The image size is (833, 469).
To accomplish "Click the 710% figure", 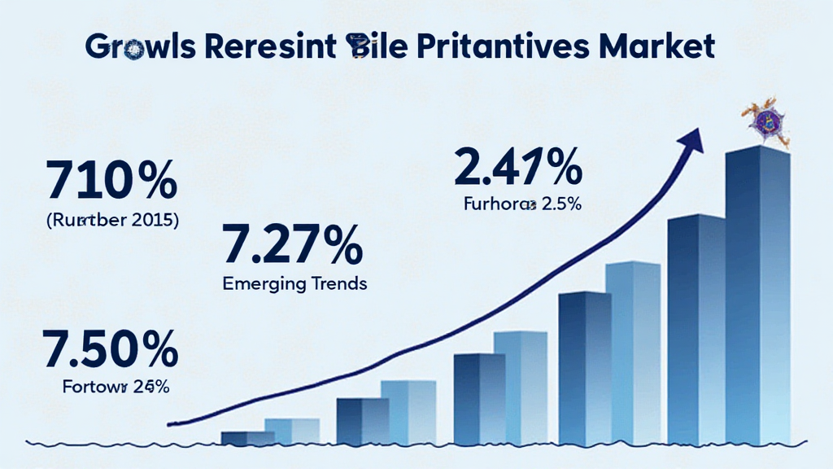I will pos(111,182).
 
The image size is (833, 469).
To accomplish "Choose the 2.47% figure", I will pos(518,169).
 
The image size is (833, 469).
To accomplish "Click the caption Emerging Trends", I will pos(294,284).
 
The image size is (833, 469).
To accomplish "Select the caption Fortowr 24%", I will pos(116,387).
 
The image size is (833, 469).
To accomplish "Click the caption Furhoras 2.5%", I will pos(522,205).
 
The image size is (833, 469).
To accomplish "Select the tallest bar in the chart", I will pos(757,293).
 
